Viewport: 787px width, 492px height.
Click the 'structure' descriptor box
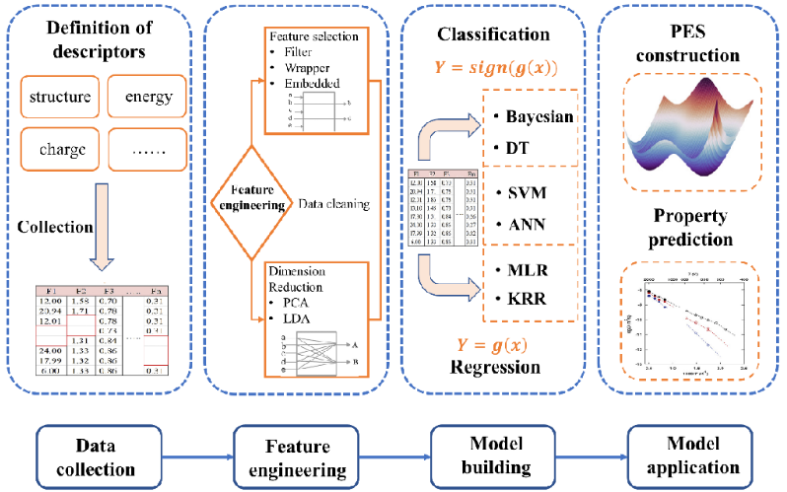[x=60, y=97]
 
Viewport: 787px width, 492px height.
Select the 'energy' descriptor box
[x=148, y=97]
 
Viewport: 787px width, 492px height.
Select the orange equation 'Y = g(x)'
[x=492, y=343]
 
